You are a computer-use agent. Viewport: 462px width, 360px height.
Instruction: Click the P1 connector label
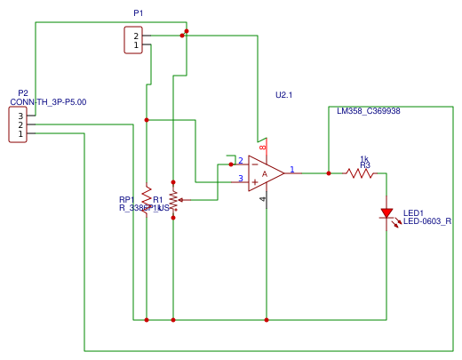[x=138, y=14]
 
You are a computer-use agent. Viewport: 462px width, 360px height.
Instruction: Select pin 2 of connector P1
[x=136, y=36]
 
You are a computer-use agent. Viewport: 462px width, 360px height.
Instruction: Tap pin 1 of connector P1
[x=136, y=44]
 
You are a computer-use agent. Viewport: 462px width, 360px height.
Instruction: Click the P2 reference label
[x=23, y=92]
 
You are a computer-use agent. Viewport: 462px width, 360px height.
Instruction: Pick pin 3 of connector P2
[x=20, y=116]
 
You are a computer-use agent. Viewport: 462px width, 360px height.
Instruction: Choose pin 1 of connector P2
[x=20, y=134]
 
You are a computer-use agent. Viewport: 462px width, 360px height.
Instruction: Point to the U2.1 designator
[x=284, y=94]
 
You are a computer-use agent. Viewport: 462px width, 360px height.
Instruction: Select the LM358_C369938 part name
[x=368, y=112]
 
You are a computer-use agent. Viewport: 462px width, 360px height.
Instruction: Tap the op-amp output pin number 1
[x=292, y=168]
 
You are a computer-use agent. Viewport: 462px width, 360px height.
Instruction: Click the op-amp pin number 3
[x=240, y=179]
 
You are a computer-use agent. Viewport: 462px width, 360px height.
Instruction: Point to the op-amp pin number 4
[x=262, y=199]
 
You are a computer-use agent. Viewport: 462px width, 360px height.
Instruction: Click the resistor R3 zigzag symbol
[x=361, y=173]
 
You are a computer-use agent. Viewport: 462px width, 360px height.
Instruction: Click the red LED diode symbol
[x=386, y=213]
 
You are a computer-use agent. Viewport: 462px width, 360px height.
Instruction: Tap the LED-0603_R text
[x=427, y=221]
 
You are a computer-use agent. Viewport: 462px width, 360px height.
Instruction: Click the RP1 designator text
[x=126, y=199]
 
